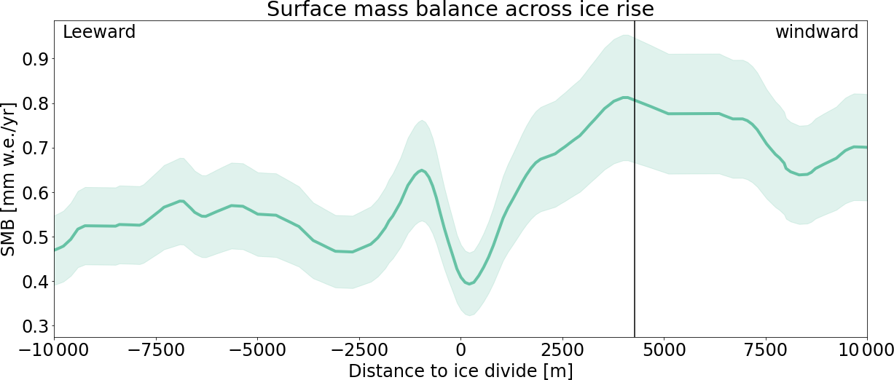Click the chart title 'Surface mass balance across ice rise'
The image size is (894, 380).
pyautogui.click(x=460, y=10)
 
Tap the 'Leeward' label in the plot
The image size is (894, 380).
pyautogui.click(x=99, y=32)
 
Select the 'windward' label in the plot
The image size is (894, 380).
pyautogui.click(x=816, y=32)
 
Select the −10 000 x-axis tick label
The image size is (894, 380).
pyautogui.click(x=55, y=349)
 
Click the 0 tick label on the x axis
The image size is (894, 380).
pyautogui.click(x=460, y=349)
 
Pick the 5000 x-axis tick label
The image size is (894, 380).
pyautogui.click(x=664, y=349)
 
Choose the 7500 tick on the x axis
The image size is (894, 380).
pyautogui.click(x=766, y=349)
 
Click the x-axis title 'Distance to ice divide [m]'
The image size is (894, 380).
pyautogui.click(x=460, y=371)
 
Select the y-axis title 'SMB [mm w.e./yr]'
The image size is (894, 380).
pyautogui.click(x=9, y=179)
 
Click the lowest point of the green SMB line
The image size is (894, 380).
pyautogui.click(x=469, y=284)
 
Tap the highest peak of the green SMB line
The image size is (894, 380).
pyautogui.click(x=625, y=97)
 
